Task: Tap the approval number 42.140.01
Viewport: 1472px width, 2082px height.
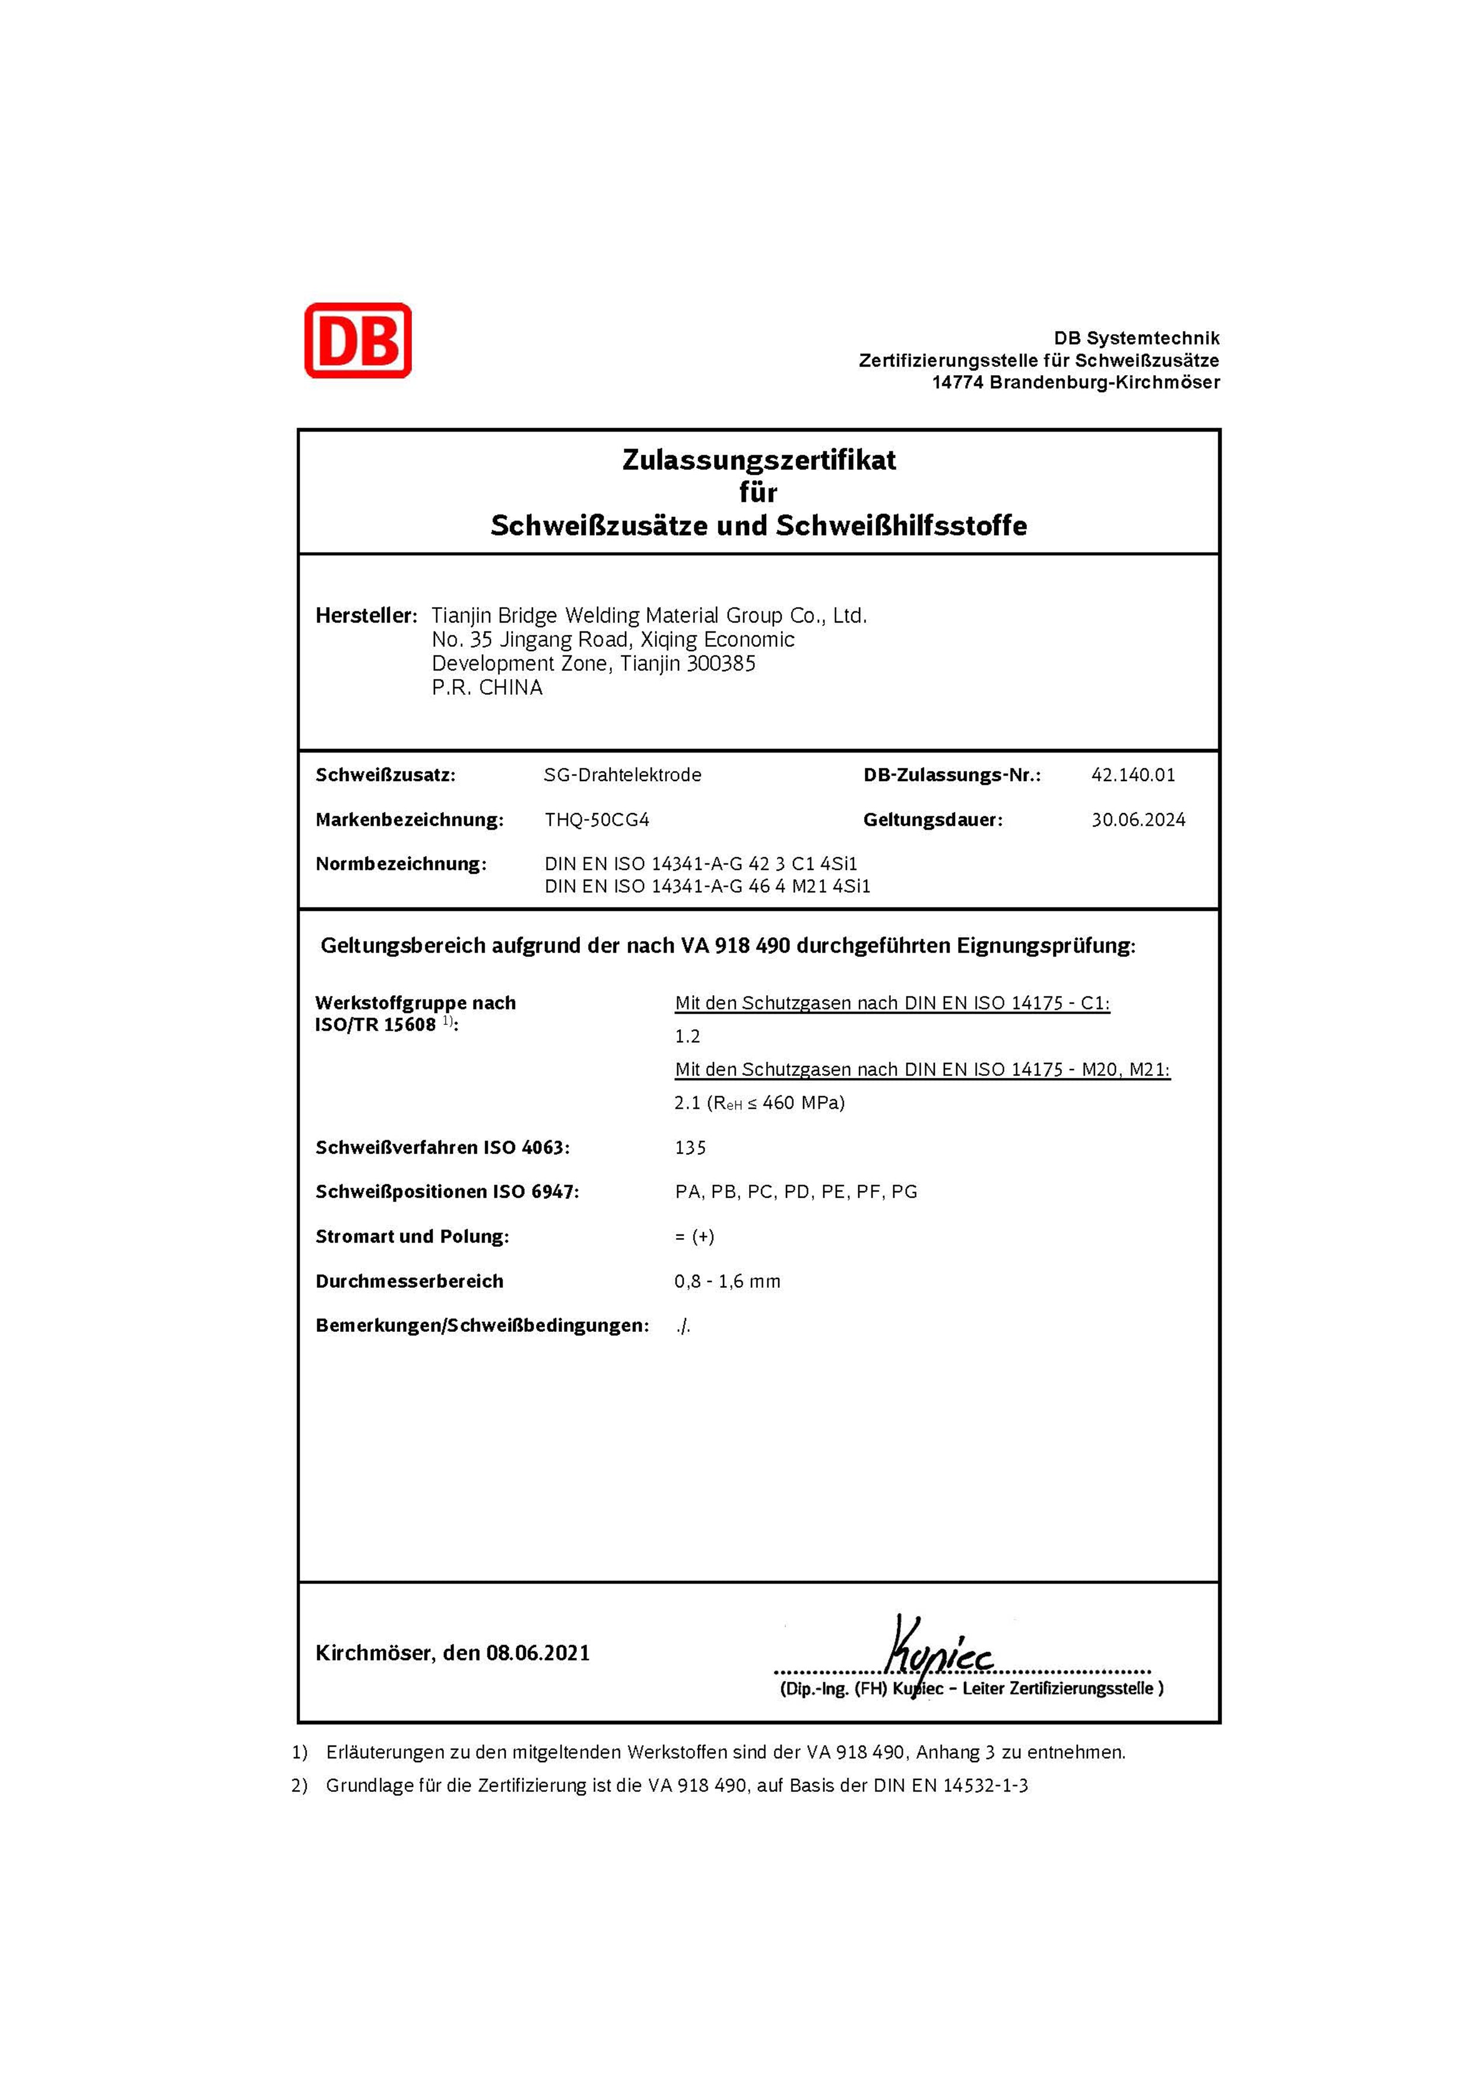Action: click(x=1133, y=775)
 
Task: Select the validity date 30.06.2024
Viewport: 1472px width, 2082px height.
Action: click(x=1138, y=819)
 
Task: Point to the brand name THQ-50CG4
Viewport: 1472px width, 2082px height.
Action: click(x=597, y=819)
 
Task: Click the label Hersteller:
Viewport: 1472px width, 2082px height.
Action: click(x=366, y=615)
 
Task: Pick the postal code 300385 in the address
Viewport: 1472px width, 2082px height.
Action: click(x=721, y=664)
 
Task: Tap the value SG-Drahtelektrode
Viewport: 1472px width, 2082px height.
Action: click(x=622, y=775)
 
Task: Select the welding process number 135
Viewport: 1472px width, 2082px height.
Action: click(x=690, y=1147)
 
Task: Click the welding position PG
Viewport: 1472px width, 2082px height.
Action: click(x=904, y=1192)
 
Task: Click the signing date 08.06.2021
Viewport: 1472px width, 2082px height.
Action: click(x=538, y=1652)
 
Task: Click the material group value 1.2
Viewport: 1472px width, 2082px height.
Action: click(x=687, y=1036)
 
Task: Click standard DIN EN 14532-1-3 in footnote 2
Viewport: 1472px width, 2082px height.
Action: click(x=950, y=1785)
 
